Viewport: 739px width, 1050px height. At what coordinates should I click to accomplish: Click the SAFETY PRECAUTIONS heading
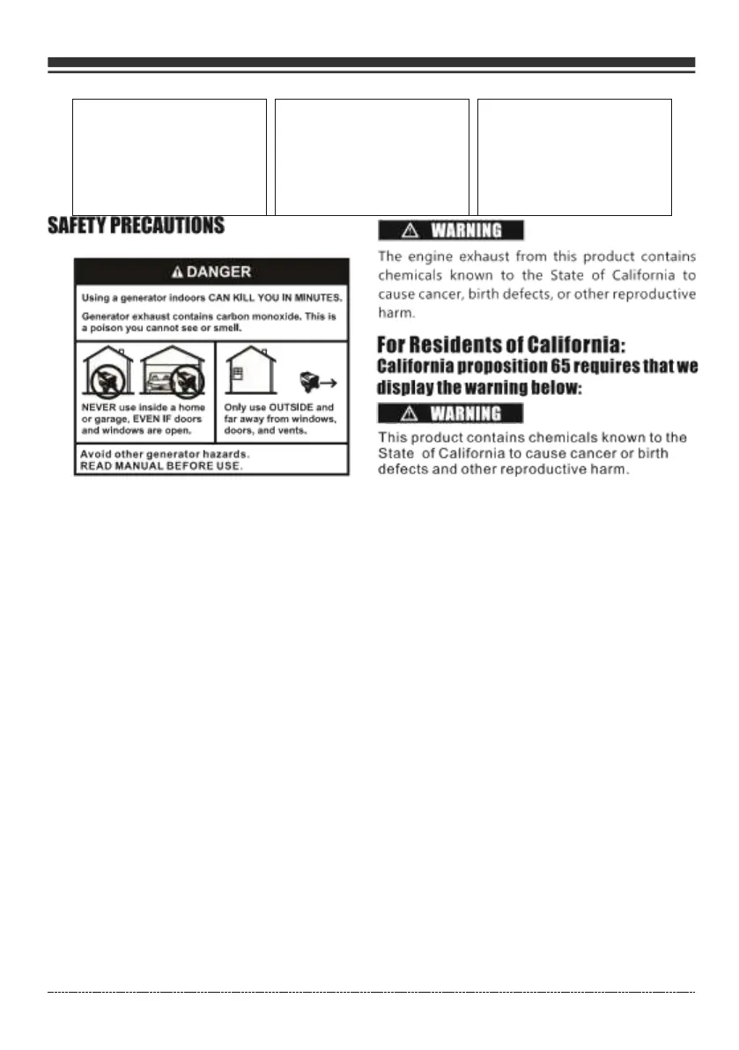point(136,227)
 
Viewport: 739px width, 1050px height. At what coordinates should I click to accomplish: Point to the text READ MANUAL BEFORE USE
point(159,466)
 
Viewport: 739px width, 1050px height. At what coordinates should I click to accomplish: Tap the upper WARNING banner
point(451,231)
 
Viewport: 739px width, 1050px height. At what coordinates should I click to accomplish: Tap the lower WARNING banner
point(451,413)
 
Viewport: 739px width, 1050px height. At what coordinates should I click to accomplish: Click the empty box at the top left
point(169,157)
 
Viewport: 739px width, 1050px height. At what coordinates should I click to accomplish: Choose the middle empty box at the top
point(372,157)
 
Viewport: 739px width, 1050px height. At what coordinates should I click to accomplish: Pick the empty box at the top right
point(574,157)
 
